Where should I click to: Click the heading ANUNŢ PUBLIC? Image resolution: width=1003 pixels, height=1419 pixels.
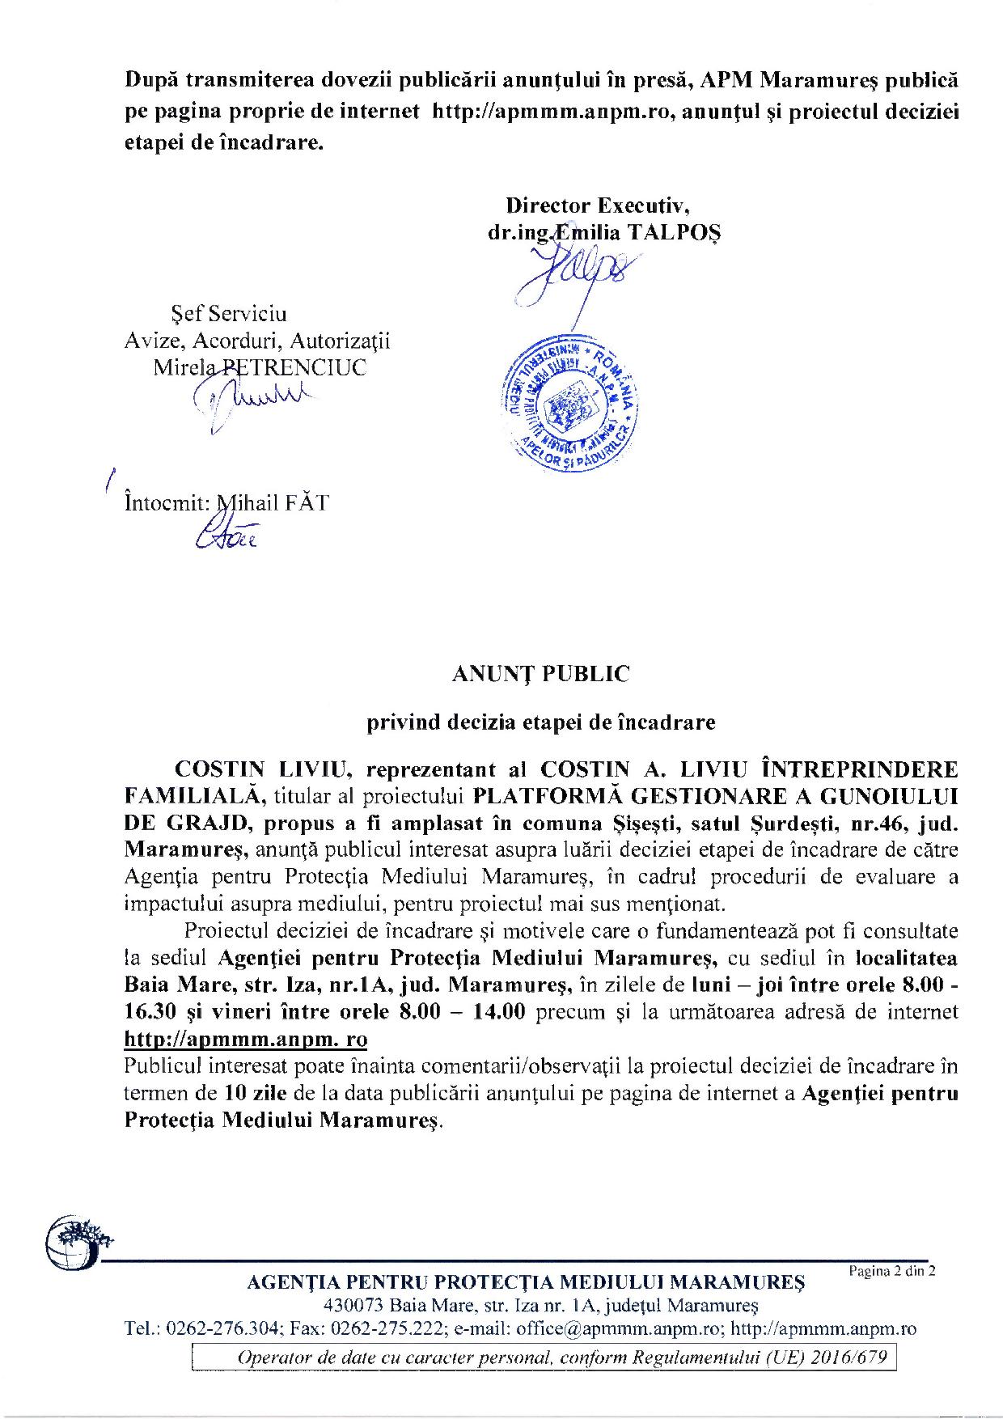click(541, 674)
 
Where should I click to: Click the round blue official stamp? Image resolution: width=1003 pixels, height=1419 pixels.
click(570, 400)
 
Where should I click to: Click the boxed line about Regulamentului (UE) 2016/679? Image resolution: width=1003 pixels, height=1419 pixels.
click(544, 1357)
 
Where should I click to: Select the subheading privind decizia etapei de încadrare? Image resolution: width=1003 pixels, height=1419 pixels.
click(541, 723)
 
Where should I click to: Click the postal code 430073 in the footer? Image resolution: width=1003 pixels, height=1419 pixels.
click(353, 1305)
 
